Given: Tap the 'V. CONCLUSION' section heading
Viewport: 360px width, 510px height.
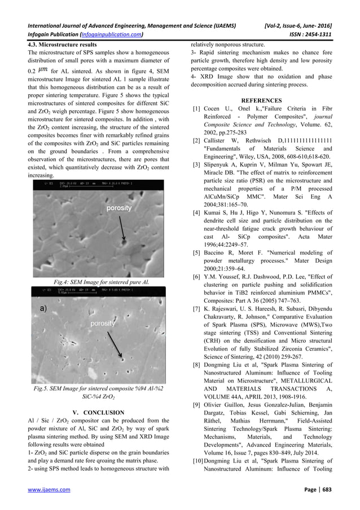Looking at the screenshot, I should (x=99, y=412).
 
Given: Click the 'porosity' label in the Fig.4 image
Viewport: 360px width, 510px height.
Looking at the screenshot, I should (x=119, y=208).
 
